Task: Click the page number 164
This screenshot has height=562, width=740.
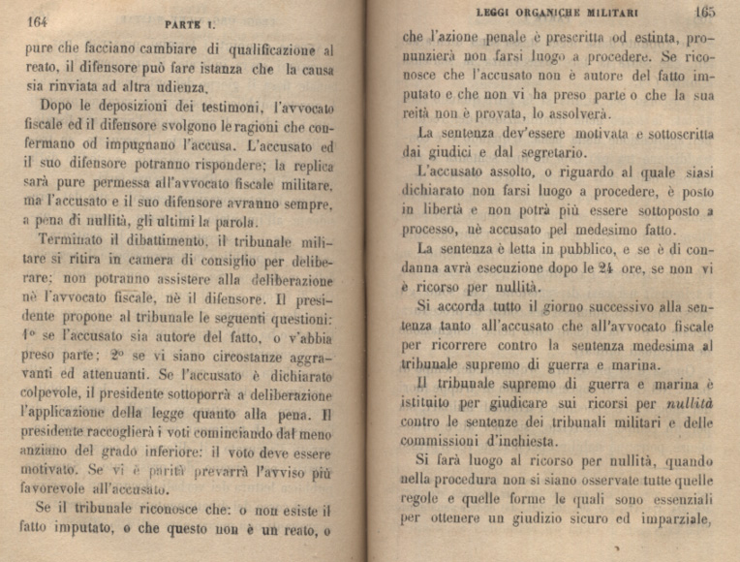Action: coord(38,20)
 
